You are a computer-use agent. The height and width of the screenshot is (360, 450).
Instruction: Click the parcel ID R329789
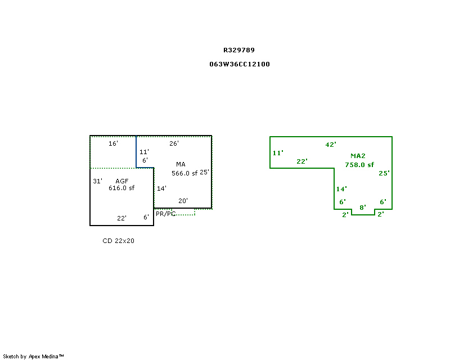[239, 50]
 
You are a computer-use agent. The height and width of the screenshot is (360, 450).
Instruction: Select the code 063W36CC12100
[240, 64]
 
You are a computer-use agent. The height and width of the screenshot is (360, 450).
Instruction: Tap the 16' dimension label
[114, 143]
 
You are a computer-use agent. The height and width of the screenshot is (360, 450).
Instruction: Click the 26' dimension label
[174, 143]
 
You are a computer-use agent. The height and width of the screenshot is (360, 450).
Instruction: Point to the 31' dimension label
[97, 181]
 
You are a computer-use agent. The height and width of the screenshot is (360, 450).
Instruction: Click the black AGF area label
[122, 181]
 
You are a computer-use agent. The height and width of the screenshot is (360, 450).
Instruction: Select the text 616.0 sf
[121, 188]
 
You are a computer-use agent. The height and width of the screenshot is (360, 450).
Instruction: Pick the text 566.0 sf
[184, 173]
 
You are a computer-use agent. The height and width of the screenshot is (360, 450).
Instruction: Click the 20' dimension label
[183, 201]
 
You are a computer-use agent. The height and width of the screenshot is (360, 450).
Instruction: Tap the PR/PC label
[165, 214]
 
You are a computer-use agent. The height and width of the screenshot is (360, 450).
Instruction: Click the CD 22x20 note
[118, 241]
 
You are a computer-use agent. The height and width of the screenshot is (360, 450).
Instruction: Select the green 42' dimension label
[331, 145]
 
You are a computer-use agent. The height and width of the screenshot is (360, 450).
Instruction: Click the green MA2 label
[358, 156]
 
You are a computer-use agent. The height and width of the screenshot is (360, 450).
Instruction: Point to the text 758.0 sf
[359, 165]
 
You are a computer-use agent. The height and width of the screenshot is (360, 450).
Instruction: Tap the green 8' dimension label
[363, 207]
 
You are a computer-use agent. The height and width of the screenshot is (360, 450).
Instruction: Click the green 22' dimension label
[302, 161]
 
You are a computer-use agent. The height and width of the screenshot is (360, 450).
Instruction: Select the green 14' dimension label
[341, 189]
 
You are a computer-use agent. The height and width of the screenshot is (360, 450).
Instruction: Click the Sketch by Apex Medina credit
[33, 356]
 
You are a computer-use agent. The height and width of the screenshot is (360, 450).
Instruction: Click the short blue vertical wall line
[136, 152]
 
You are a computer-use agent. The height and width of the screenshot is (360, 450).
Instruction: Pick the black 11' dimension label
[145, 151]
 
